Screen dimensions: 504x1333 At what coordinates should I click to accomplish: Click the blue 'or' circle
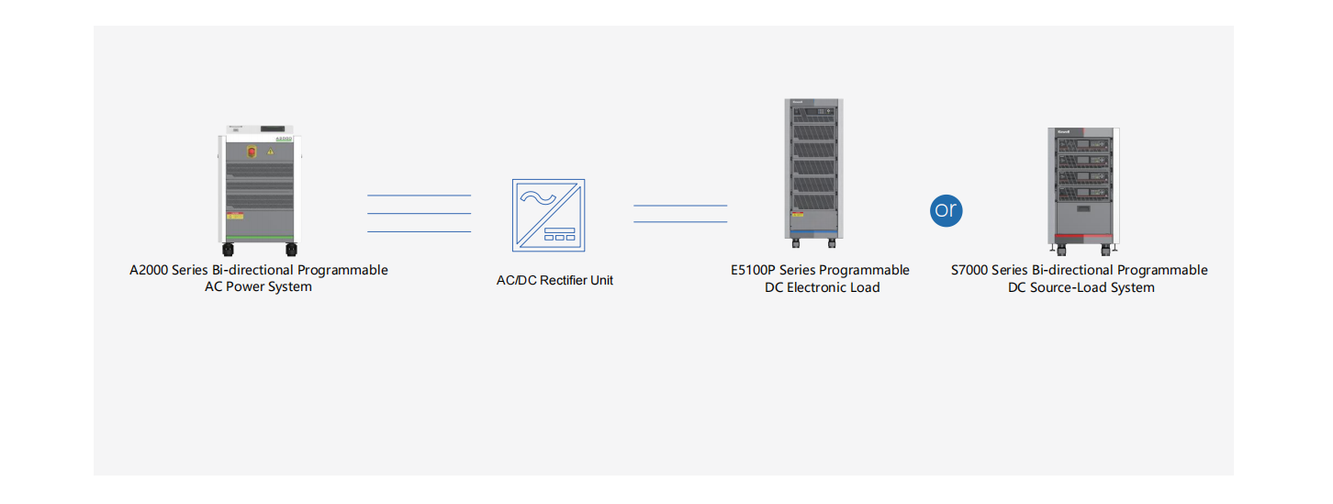tap(946, 210)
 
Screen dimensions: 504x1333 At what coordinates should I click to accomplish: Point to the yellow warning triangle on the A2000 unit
tap(271, 151)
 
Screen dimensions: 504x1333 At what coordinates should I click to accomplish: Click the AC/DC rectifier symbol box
tap(548, 215)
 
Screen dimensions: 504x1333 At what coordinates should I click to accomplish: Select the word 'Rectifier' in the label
tap(567, 280)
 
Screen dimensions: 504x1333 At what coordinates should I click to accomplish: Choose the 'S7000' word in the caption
tap(969, 270)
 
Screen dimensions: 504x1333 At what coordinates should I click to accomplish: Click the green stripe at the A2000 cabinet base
tap(259, 238)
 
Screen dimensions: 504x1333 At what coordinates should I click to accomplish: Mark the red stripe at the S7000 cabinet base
tap(1081, 236)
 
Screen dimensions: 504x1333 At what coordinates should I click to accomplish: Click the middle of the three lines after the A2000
tap(419, 214)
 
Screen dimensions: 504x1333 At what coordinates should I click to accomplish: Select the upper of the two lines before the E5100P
tap(679, 206)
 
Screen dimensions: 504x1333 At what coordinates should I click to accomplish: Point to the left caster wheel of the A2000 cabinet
tap(226, 249)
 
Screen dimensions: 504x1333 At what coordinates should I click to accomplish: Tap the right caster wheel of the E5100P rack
tap(832, 243)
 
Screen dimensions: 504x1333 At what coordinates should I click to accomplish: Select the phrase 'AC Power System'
tap(258, 286)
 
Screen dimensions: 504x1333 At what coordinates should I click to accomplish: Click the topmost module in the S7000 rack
tap(1081, 145)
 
